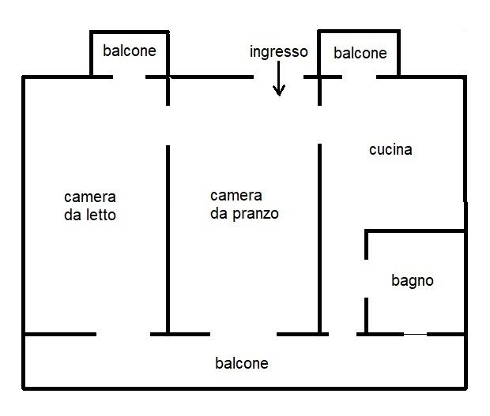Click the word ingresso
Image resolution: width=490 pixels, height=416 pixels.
(279, 52)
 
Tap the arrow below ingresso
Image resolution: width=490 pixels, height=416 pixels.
(279, 78)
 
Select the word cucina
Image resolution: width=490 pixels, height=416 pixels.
(390, 150)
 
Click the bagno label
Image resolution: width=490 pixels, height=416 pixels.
(413, 281)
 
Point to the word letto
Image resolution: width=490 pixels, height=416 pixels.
(101, 215)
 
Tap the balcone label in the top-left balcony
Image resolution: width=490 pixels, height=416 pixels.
(130, 51)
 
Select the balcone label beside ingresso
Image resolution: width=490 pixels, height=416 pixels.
(360, 53)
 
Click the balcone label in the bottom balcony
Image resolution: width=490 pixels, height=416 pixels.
(242, 363)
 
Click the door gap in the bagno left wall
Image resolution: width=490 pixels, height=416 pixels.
(366, 279)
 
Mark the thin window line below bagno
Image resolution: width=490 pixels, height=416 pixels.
(415, 334)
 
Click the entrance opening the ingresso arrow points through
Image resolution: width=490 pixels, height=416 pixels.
(278, 77)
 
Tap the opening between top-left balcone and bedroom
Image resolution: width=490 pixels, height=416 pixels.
(129, 77)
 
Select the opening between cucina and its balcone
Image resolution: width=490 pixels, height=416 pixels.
(359, 77)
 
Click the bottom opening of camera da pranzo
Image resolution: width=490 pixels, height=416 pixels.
(243, 334)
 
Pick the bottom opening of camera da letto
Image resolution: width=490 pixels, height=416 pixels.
(123, 334)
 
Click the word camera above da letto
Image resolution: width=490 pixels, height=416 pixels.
(90, 197)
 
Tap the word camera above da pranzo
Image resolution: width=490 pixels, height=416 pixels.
(236, 196)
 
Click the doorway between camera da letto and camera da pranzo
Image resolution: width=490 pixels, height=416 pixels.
(168, 126)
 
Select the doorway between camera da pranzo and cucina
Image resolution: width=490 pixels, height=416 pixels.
(319, 125)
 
